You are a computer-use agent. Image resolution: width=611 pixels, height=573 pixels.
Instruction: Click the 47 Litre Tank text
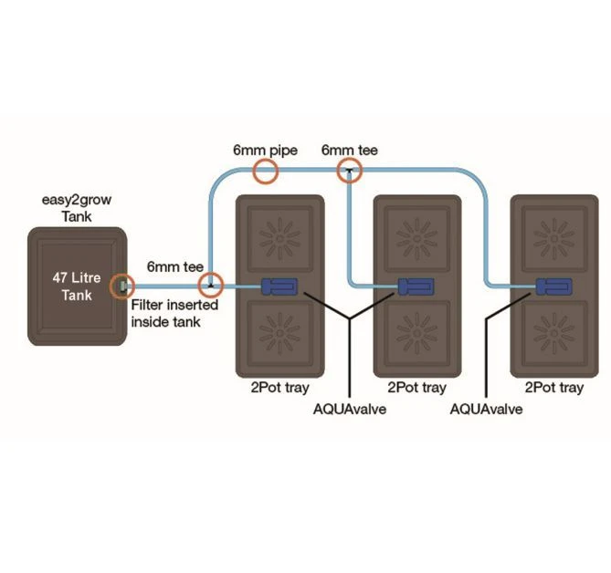tap(77, 286)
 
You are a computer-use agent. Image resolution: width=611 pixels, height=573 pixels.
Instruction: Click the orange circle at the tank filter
tap(121, 286)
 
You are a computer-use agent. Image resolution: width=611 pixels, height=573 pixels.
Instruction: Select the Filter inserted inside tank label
tap(174, 313)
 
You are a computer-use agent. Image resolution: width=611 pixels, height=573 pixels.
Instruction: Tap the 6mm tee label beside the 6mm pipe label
tap(349, 150)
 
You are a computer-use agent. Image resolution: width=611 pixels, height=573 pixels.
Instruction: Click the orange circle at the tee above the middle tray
tap(349, 169)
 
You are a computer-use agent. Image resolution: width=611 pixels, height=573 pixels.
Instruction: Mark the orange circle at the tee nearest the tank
tap(211, 286)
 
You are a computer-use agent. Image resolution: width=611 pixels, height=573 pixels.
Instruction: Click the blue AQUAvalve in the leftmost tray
tap(280, 286)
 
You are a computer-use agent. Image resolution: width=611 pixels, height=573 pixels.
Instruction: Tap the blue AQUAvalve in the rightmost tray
tap(553, 286)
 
